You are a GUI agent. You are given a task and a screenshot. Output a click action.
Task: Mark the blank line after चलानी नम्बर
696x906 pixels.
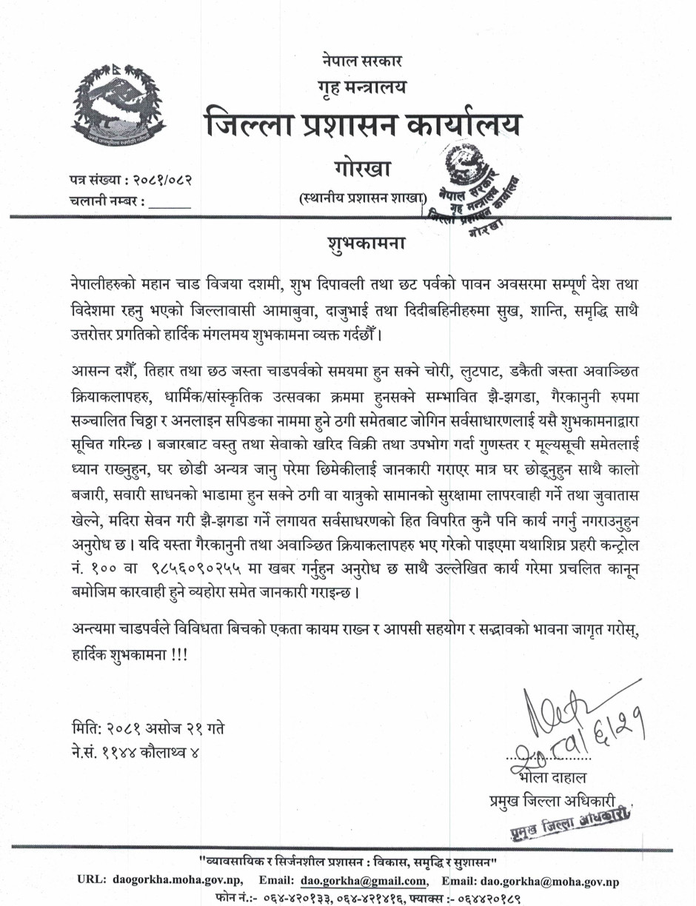(x=170, y=201)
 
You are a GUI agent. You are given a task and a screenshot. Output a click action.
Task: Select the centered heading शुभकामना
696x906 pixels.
(x=357, y=244)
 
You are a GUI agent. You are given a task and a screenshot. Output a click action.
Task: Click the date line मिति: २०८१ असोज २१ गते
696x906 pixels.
(x=145, y=728)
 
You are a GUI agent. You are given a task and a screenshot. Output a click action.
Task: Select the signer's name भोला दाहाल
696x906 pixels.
(x=552, y=778)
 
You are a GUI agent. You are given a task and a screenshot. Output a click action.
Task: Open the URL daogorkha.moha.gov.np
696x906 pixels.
(x=179, y=881)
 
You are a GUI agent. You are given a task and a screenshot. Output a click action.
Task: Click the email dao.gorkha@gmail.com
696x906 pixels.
(x=364, y=881)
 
